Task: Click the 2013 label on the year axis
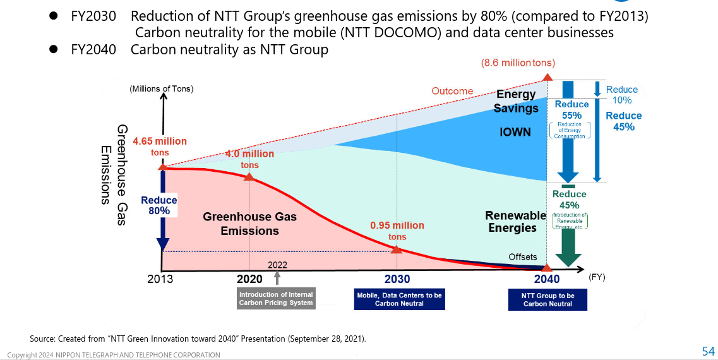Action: (x=160, y=279)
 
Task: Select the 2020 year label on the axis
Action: (x=249, y=279)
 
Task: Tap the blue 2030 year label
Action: (x=397, y=279)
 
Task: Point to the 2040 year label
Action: (x=546, y=279)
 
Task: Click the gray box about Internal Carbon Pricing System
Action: (x=276, y=299)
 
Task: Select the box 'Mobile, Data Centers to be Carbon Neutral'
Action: (x=399, y=299)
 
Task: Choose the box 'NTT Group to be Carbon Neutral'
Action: (x=547, y=299)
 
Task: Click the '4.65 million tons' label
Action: (x=160, y=147)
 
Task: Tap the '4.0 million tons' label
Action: (x=249, y=159)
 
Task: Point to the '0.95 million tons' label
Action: (x=397, y=231)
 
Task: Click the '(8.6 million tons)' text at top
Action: (x=518, y=63)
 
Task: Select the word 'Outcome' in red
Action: (x=452, y=91)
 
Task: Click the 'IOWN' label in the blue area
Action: (x=515, y=133)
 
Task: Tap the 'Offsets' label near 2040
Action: (x=523, y=257)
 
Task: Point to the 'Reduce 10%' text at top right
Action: (x=621, y=95)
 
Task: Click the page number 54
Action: (x=708, y=351)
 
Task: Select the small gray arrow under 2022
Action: (x=277, y=277)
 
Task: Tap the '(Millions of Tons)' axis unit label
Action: (x=162, y=89)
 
